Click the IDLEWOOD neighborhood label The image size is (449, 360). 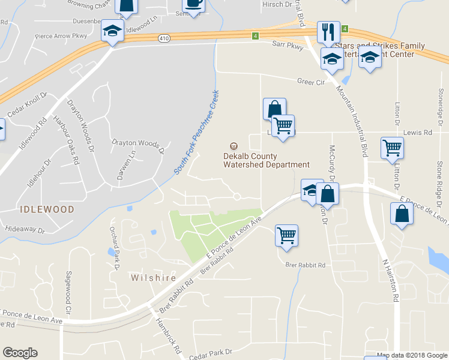coord(47,209)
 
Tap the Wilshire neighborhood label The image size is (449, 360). coord(154,278)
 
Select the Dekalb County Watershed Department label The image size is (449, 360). coord(262,160)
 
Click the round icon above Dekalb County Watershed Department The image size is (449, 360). coord(233,146)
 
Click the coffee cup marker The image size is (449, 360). coord(194,5)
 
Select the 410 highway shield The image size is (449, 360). coord(164,38)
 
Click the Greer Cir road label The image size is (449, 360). coord(310,82)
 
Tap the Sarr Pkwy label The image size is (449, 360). coord(288,44)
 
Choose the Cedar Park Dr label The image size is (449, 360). coord(209,352)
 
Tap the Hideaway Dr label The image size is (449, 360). coord(25,229)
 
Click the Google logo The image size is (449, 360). coord(20,353)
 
